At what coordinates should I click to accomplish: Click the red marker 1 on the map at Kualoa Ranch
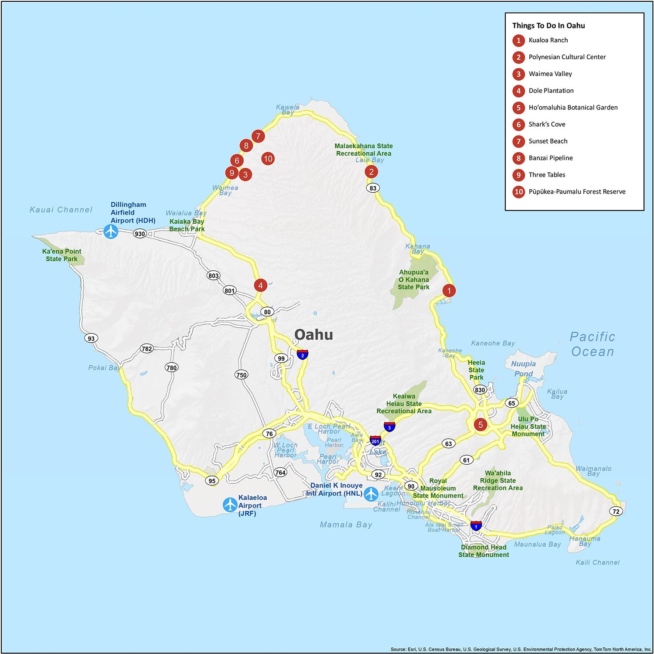click(x=449, y=290)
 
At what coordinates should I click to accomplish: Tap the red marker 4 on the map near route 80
click(x=260, y=286)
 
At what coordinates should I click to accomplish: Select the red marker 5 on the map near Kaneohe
click(x=480, y=424)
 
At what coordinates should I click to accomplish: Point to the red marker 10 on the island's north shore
click(x=268, y=159)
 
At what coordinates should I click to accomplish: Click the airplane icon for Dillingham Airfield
click(x=111, y=231)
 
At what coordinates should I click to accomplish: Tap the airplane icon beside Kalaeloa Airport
click(x=230, y=505)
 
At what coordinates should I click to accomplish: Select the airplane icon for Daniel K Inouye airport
click(x=371, y=494)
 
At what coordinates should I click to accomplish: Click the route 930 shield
click(x=140, y=234)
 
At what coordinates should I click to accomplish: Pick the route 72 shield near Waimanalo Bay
click(x=616, y=511)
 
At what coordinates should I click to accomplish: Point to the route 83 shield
click(x=373, y=188)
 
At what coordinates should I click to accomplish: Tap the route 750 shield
click(x=241, y=375)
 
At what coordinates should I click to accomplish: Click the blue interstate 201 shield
click(x=375, y=441)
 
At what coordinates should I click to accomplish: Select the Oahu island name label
click(x=313, y=335)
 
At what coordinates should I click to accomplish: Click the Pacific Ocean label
click(x=593, y=344)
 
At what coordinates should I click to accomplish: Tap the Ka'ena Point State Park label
click(x=61, y=255)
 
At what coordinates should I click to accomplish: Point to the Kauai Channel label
click(x=61, y=210)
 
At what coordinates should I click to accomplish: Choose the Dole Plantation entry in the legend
click(x=551, y=91)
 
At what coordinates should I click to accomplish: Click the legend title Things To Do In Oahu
click(x=548, y=26)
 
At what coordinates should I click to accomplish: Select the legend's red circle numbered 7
click(x=518, y=141)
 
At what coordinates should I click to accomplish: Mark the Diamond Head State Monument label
click(x=484, y=551)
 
